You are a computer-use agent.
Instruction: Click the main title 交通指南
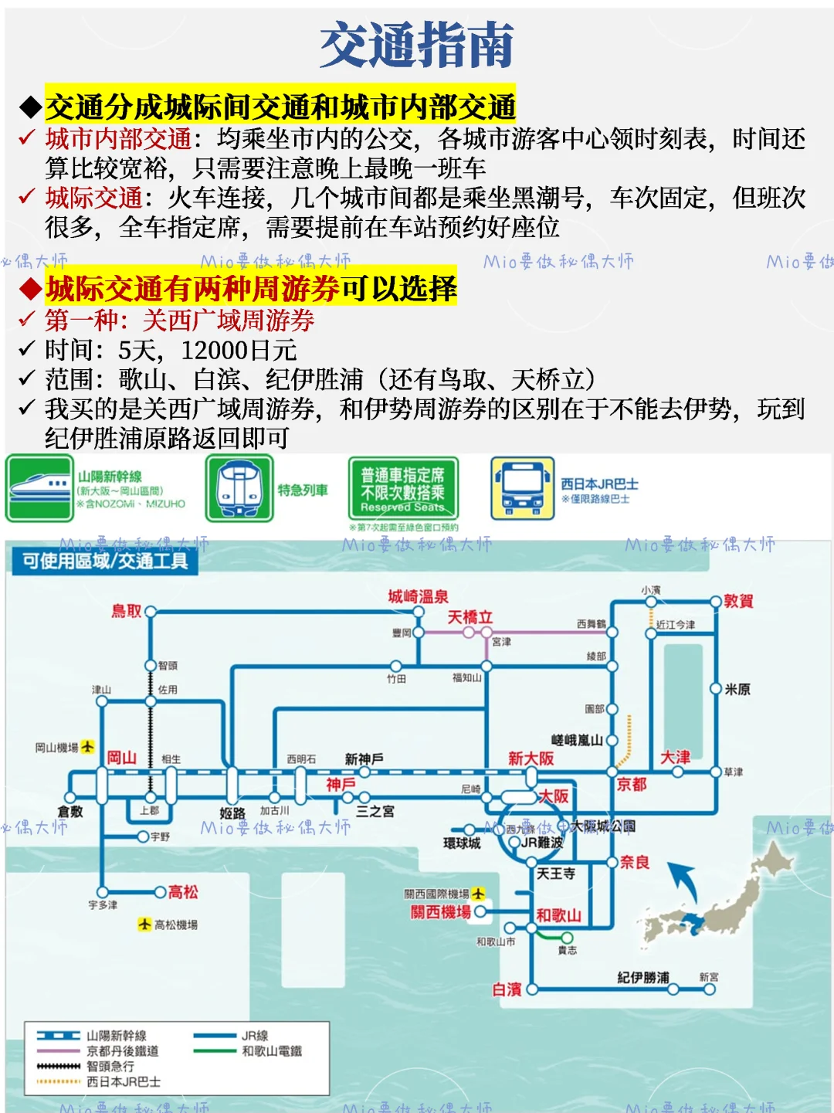tap(417, 45)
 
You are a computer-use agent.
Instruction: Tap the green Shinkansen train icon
tap(39, 489)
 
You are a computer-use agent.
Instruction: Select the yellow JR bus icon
tap(522, 489)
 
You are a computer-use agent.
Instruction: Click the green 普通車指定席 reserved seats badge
tap(402, 489)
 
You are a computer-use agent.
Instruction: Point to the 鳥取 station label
tap(126, 611)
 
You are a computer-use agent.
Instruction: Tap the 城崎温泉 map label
tap(418, 596)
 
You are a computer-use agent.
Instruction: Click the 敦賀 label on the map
tap(738, 601)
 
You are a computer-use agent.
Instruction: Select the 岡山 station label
tap(121, 757)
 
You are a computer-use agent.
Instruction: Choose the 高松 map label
tap(183, 892)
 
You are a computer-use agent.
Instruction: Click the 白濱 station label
tap(507, 989)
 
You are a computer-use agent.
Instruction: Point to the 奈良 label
tap(634, 862)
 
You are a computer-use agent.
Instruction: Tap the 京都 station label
tap(632, 784)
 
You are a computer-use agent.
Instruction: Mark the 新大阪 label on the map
tap(531, 758)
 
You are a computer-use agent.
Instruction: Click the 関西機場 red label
tap(440, 912)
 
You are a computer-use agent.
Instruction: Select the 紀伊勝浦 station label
tap(643, 978)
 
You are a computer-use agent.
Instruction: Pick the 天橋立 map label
tap(470, 616)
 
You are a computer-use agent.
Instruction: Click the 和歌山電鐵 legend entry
tap(271, 1051)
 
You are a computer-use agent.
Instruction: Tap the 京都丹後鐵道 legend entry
tap(122, 1051)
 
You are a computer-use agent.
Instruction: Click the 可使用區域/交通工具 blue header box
tap(104, 561)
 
